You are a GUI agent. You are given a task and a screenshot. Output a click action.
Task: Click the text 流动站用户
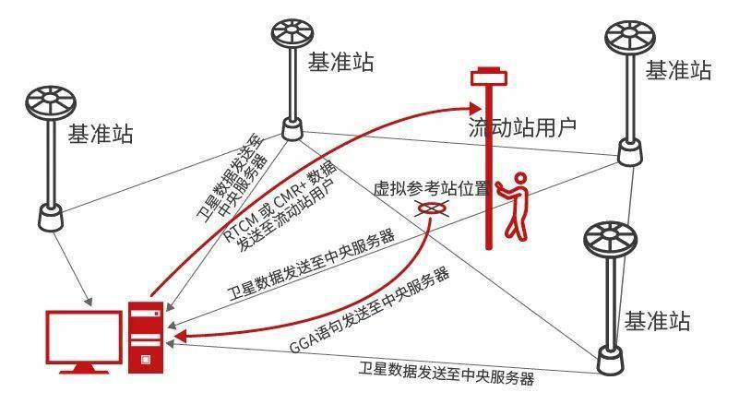point(522,126)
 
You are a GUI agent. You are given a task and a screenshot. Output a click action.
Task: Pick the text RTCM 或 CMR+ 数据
point(280,199)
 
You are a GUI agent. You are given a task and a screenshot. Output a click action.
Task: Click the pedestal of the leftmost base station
point(51,218)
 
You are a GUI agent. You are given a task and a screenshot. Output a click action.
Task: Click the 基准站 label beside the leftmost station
point(101,135)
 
